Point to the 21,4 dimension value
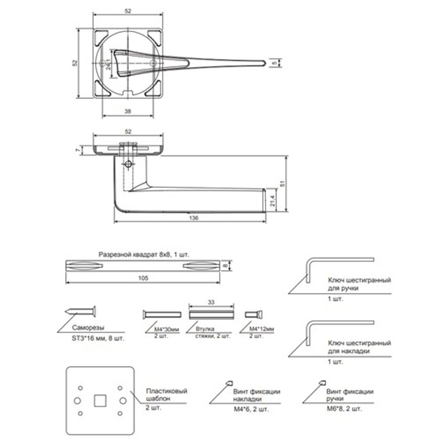[x=273, y=200]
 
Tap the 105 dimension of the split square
[x=143, y=278]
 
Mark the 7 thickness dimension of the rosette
[x=78, y=150]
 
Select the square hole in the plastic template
[x=99, y=400]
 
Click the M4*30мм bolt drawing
[x=162, y=314]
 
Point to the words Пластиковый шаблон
[x=166, y=395]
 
